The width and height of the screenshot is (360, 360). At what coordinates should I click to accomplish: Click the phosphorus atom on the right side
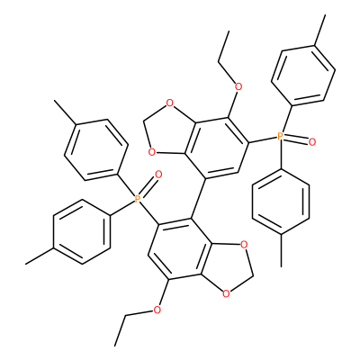click(280, 137)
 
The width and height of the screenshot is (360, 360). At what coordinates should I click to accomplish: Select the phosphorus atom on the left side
click(137, 198)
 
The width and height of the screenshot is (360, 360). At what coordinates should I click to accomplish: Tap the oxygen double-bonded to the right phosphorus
click(312, 142)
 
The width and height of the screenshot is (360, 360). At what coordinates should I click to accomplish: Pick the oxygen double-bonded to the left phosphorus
click(158, 174)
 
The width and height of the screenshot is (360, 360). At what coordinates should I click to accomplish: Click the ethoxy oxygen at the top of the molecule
click(238, 87)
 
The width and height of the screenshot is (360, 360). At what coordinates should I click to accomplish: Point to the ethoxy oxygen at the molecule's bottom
click(157, 310)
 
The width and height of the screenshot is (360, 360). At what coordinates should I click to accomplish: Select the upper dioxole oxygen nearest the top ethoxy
click(169, 103)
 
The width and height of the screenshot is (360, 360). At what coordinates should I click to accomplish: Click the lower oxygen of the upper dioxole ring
click(152, 152)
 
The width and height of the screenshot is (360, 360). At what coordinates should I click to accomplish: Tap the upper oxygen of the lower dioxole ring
click(244, 245)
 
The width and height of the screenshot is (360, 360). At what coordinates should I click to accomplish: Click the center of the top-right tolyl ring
click(303, 76)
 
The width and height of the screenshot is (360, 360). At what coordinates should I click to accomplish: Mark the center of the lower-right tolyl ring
click(281, 201)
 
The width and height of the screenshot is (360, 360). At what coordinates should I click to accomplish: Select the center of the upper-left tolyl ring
click(96, 150)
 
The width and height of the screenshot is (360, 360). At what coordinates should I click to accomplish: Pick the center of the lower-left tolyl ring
click(82, 231)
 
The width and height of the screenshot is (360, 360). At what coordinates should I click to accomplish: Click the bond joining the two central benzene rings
click(198, 199)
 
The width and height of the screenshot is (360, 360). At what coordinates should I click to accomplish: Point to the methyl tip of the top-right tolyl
click(325, 15)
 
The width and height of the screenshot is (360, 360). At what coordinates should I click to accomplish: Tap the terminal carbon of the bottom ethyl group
click(115, 346)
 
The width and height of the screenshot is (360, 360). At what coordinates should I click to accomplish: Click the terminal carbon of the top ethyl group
click(229, 31)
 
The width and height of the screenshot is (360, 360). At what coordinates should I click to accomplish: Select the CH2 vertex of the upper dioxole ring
click(144, 121)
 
